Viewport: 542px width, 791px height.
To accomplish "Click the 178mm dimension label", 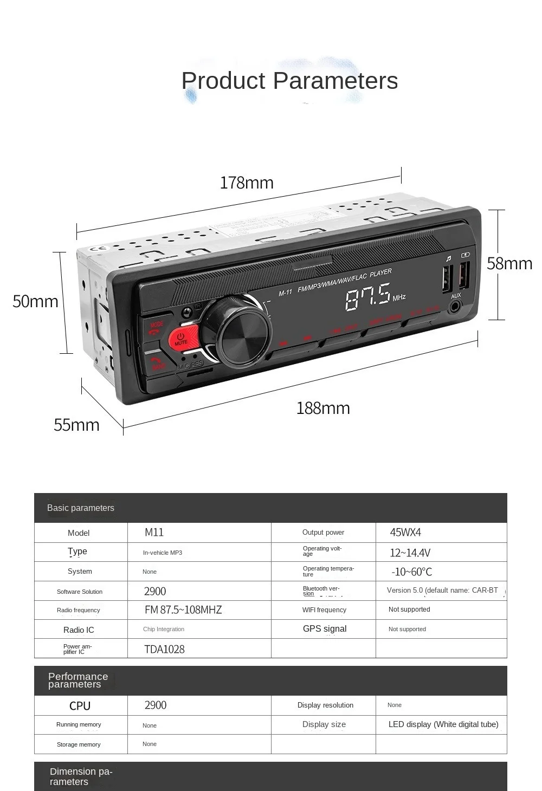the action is pos(247,183).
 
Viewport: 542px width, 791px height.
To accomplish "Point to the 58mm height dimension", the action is pos(509,263).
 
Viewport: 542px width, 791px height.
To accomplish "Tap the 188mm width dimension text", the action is pos(323,408).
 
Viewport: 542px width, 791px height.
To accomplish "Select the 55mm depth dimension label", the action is pos(76,425).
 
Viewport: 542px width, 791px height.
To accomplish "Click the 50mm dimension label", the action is pos(35,301).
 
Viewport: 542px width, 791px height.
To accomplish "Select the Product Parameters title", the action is pos(289,81).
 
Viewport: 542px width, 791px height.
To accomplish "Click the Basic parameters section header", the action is pos(81,508).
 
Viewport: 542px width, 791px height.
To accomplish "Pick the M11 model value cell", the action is pos(154,533).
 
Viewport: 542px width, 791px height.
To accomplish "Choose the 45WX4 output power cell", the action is pos(405,533).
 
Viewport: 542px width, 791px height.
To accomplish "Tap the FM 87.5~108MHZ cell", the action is pos(183,610).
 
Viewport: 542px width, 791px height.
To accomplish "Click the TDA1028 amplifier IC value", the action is pos(164,649).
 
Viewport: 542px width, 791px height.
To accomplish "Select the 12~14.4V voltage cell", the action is pos(410,553).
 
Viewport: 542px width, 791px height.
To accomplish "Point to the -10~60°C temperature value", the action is pos(412,572).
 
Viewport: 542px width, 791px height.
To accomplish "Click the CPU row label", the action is pos(80,705).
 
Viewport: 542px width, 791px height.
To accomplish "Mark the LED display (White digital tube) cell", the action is pos(443,724).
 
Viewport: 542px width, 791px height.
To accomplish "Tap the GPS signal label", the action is pos(324,629).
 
